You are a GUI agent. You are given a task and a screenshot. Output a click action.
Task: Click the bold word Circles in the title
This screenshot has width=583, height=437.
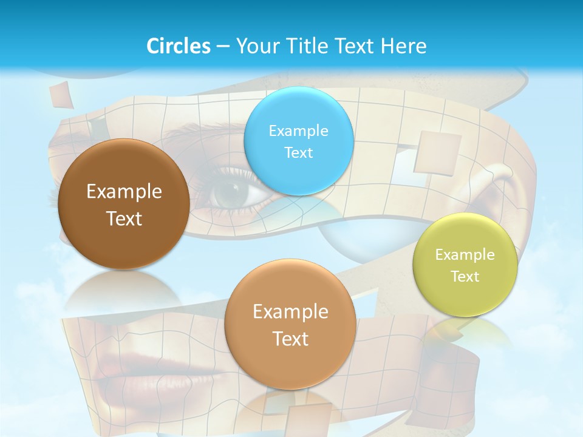178,46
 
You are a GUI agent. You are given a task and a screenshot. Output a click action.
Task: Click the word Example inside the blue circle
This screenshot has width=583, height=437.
298,130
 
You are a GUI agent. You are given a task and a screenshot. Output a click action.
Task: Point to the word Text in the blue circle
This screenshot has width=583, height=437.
298,152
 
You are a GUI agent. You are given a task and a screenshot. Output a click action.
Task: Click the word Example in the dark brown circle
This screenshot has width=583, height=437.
124,192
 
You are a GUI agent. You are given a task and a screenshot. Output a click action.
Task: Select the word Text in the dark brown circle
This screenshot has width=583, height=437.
124,218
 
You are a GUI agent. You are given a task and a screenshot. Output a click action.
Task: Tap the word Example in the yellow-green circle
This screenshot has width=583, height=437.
465,254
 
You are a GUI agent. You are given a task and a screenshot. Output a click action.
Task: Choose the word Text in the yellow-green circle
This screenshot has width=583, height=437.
465,276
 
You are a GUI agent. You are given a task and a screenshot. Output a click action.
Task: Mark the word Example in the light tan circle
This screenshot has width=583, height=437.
290,312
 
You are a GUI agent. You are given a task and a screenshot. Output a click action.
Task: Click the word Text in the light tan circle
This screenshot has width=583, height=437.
290,339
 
